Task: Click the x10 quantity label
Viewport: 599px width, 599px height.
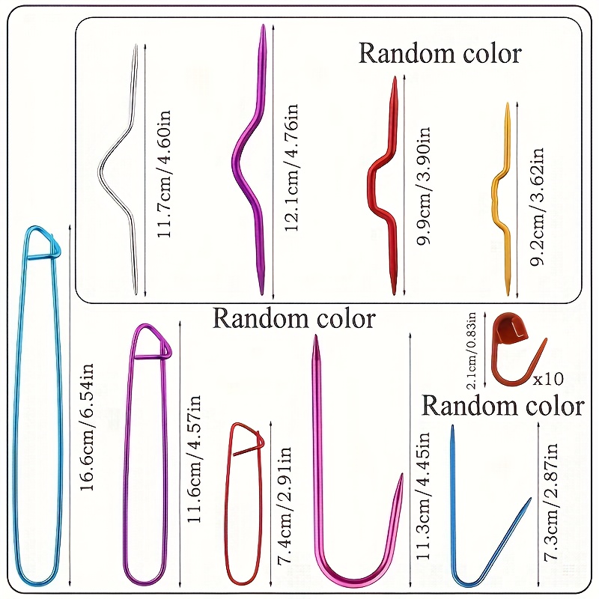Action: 548,377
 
